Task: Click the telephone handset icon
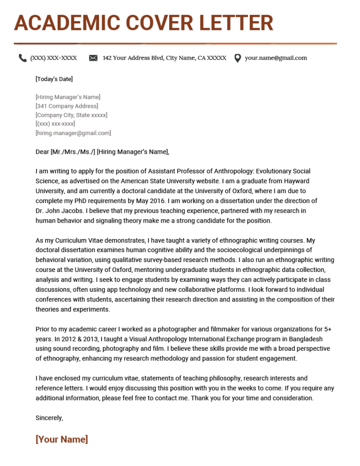[x=22, y=58]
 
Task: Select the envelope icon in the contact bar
[x=93, y=58]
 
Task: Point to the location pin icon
[x=238, y=58]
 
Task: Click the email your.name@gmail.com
[x=276, y=58]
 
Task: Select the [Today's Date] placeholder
[x=54, y=79]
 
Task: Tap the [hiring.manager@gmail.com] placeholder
[x=73, y=133]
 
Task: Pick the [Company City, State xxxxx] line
[x=71, y=115]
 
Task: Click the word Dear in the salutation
[x=42, y=151]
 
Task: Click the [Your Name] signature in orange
[x=61, y=440]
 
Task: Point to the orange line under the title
[x=175, y=44]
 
